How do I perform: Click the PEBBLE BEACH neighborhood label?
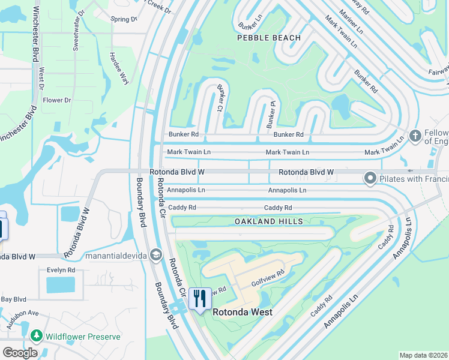269,38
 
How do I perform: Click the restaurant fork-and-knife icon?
199,299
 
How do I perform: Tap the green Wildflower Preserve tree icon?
37,336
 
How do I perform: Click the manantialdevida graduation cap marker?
156,256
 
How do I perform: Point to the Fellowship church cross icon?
415,136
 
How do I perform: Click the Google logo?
20,352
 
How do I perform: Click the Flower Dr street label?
57,100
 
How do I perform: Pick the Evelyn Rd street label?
61,270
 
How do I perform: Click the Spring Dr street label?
124,19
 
